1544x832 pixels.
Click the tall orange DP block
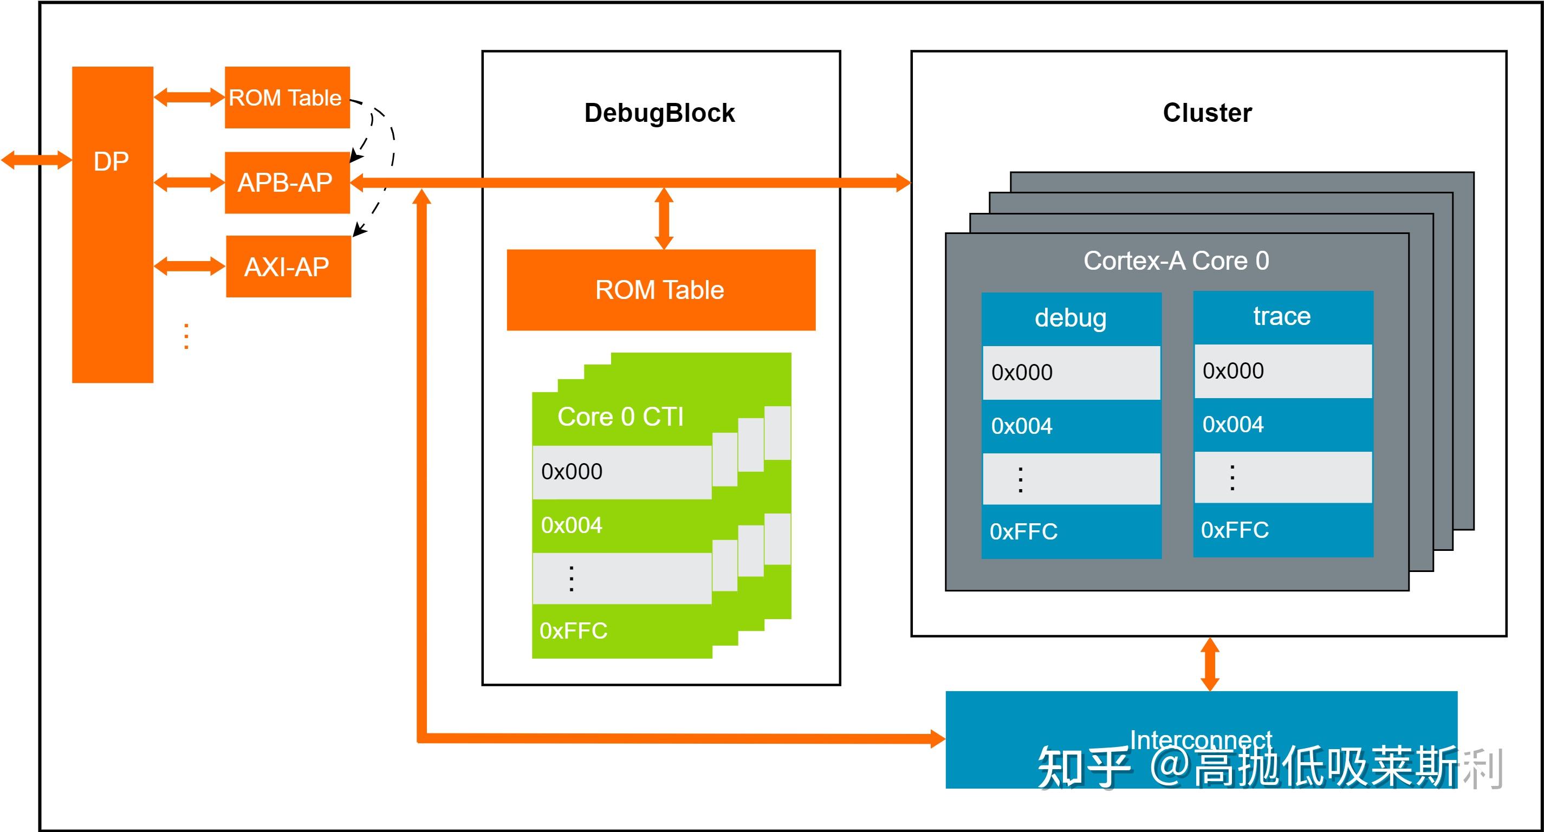(113, 225)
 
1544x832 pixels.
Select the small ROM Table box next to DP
(287, 97)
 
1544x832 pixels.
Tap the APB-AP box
(287, 182)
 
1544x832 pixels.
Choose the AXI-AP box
(288, 266)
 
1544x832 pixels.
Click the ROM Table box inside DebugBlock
(660, 290)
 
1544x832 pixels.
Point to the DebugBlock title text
(659, 113)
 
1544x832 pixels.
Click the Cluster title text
(1207, 113)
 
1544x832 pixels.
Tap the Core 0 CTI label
(620, 417)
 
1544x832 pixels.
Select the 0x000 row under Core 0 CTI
(621, 472)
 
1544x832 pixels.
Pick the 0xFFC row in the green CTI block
(621, 631)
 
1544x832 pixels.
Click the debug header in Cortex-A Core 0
(1071, 318)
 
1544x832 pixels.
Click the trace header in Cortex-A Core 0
(1282, 316)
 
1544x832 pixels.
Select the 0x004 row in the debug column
(1071, 426)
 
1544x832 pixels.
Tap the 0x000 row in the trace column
(1283, 371)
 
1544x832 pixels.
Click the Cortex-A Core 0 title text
(1176, 261)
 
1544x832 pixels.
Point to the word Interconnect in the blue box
(1201, 739)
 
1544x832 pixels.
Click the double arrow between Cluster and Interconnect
(1210, 664)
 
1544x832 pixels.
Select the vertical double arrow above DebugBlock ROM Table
(664, 218)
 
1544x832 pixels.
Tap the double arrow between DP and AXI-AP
(190, 266)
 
